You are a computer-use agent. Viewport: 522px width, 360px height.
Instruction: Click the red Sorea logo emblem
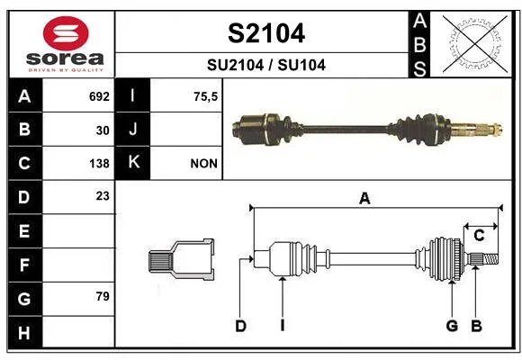click(x=66, y=33)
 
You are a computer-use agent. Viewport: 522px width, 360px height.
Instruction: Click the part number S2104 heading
click(x=266, y=33)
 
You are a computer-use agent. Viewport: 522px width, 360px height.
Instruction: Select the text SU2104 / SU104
click(x=266, y=65)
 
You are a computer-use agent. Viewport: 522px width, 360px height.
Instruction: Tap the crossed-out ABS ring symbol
click(x=475, y=43)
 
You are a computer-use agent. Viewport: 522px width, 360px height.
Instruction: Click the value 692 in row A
click(x=99, y=96)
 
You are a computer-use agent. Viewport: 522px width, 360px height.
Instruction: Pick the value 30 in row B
click(x=103, y=130)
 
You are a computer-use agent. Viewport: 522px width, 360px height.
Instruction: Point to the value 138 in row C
click(x=99, y=164)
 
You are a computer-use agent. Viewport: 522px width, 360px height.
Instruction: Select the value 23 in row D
click(x=103, y=196)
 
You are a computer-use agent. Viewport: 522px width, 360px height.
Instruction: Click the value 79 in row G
click(x=103, y=296)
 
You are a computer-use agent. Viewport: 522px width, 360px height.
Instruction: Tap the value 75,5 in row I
click(x=205, y=97)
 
